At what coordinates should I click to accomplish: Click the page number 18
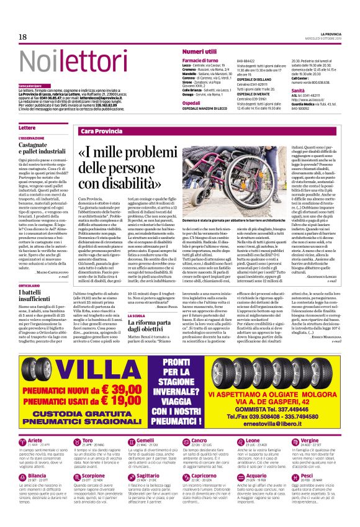pos(22,37)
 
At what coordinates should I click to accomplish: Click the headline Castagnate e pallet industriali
pos(42,146)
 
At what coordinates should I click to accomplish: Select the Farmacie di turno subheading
pos(200,60)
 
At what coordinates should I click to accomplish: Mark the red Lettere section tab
pos(28,127)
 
